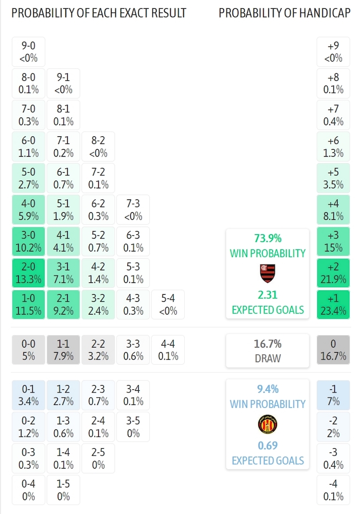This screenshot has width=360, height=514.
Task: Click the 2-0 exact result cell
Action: click(x=28, y=273)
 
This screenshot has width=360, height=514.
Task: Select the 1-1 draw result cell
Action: click(x=63, y=350)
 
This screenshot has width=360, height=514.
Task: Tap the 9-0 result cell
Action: click(x=28, y=52)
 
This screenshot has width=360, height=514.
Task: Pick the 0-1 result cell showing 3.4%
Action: click(x=28, y=395)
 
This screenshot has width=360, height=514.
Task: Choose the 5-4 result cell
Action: click(x=168, y=305)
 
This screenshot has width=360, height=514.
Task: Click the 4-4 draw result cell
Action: click(x=168, y=350)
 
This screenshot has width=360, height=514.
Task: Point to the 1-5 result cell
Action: click(x=63, y=489)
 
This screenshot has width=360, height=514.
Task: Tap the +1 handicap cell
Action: click(x=333, y=305)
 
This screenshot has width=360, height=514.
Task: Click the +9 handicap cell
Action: click(x=333, y=52)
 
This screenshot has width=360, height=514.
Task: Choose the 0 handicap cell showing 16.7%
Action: click(x=333, y=350)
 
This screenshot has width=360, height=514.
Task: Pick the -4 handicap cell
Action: click(x=333, y=489)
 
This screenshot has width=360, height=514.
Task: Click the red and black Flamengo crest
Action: click(x=268, y=272)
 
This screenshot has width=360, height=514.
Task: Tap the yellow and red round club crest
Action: click(x=268, y=424)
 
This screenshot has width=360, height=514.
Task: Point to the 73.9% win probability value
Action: click(x=268, y=238)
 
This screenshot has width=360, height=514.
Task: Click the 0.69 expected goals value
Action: click(x=268, y=445)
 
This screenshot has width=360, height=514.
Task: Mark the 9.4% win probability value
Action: click(x=268, y=389)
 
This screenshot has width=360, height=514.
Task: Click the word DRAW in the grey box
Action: click(x=268, y=358)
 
